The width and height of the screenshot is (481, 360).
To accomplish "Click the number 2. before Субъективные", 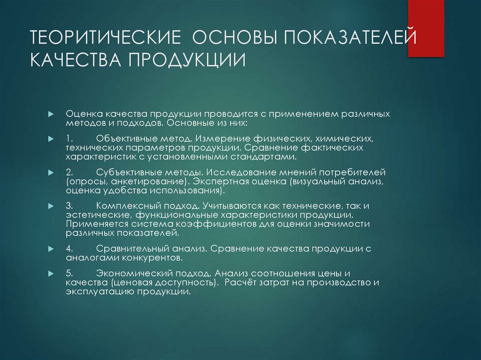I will coord(70,172).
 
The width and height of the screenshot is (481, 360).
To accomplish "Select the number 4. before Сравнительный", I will coord(70,248).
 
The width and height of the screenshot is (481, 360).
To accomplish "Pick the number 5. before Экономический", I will coord(70,273).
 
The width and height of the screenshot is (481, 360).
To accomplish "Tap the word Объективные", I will coord(124,139).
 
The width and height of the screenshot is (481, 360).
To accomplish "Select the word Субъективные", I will coord(125,172).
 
